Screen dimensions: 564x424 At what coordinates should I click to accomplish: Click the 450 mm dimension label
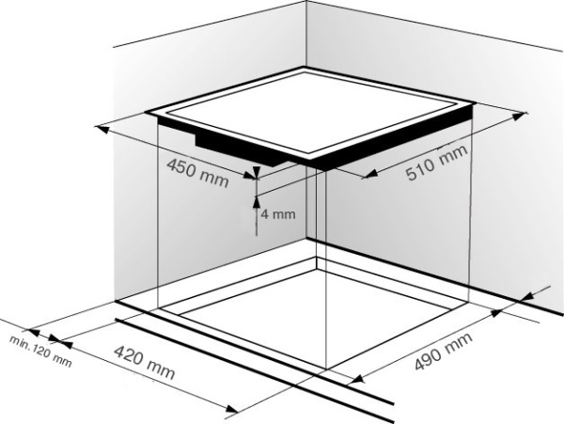pos(197,173)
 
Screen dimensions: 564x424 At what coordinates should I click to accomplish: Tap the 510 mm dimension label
pos(437,163)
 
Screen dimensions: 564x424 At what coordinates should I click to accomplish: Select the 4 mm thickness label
pos(278,214)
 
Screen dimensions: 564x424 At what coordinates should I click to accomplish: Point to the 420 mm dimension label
pos(144,362)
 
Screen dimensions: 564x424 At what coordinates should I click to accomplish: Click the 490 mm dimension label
pos(443,352)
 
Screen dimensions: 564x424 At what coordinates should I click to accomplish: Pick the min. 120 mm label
pos(40,351)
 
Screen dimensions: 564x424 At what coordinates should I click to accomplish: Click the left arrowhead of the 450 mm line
pos(102,129)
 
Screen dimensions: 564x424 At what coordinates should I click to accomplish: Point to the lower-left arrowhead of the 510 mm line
pos(370,175)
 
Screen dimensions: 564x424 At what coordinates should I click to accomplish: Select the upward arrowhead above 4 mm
pos(256,202)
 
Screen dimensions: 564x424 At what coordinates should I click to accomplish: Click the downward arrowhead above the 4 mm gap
pos(256,173)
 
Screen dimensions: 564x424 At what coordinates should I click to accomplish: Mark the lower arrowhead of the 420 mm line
pos(231,409)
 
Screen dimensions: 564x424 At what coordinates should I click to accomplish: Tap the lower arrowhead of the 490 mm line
pos(357,379)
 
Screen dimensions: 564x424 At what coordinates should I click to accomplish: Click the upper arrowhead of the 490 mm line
pos(496,313)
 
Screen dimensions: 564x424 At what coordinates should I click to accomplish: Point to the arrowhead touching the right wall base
pos(529,297)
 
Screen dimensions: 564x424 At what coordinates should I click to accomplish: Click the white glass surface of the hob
pos(310,112)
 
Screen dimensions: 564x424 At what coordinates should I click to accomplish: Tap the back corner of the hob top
pos(304,67)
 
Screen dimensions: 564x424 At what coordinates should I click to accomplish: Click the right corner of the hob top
pos(474,103)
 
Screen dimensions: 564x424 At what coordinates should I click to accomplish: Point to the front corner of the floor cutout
pos(326,369)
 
